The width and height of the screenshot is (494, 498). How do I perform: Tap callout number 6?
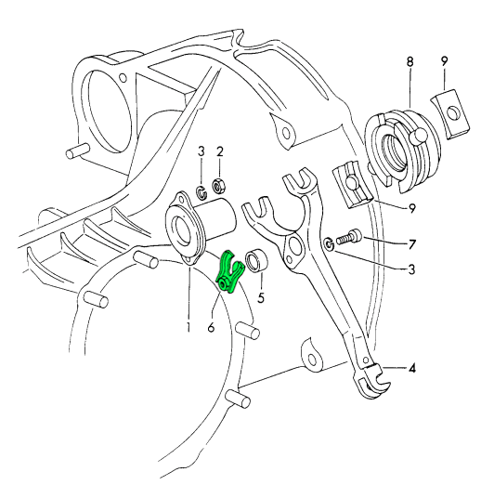tap(212, 326)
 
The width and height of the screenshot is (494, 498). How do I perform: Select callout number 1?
tap(188, 326)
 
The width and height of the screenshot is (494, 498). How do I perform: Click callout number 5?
tap(261, 297)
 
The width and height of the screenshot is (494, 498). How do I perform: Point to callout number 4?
tap(411, 369)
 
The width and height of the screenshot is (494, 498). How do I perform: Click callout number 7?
tap(411, 244)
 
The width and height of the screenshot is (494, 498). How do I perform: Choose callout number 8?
tap(410, 61)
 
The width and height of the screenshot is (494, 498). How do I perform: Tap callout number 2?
tap(220, 151)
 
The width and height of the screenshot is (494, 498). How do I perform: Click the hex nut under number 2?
tap(218, 186)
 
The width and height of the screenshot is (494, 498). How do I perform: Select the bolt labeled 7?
tap(349, 237)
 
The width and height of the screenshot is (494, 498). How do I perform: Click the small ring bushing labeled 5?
tap(257, 261)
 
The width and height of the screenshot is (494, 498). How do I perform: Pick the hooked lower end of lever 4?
tap(374, 381)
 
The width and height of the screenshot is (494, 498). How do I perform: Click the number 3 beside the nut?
tap(201, 151)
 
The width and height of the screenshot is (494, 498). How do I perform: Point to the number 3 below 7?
tap(411, 269)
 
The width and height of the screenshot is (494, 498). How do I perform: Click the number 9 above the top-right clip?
tap(444, 61)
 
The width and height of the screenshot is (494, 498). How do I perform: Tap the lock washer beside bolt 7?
tap(329, 244)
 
